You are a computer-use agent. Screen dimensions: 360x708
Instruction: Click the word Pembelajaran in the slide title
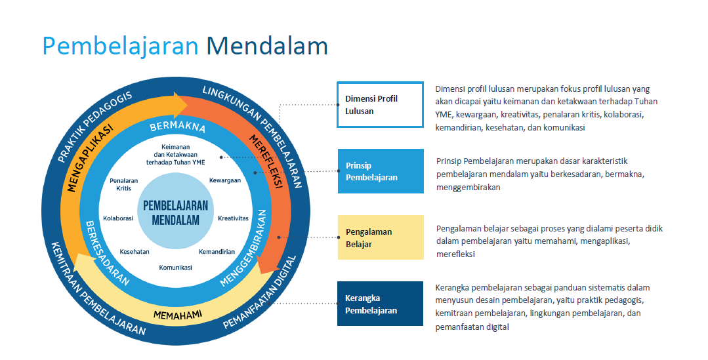click(121, 46)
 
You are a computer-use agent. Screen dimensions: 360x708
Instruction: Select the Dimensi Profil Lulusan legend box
click(380, 104)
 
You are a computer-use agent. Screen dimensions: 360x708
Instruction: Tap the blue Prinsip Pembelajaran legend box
click(380, 172)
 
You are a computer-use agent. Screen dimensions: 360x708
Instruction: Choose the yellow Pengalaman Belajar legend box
click(380, 237)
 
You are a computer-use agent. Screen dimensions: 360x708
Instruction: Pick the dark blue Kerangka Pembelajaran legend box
click(380, 304)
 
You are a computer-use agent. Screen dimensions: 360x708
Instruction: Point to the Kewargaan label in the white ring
click(225, 180)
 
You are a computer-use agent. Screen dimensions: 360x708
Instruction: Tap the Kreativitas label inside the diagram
click(233, 218)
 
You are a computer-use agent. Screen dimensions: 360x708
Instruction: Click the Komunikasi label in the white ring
click(175, 268)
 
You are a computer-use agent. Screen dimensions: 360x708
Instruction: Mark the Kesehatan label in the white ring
click(135, 252)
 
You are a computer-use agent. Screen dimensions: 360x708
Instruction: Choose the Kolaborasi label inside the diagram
click(119, 218)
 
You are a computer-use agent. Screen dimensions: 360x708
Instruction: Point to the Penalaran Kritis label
click(120, 184)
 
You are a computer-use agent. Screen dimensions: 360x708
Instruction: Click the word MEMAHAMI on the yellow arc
click(177, 315)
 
